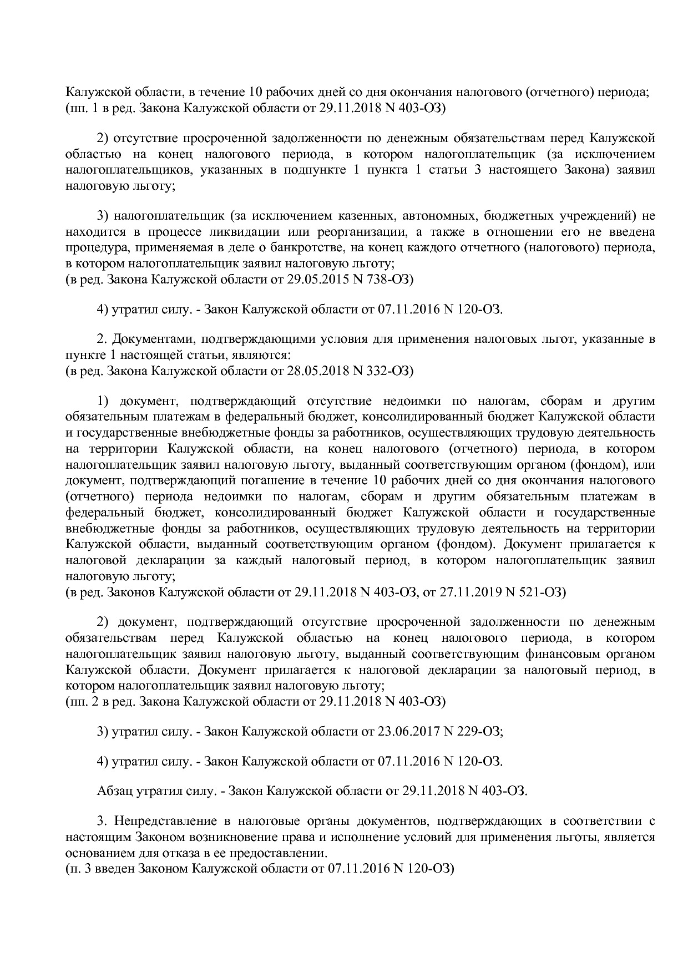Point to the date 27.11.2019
(x=469, y=592)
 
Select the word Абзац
(x=115, y=790)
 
